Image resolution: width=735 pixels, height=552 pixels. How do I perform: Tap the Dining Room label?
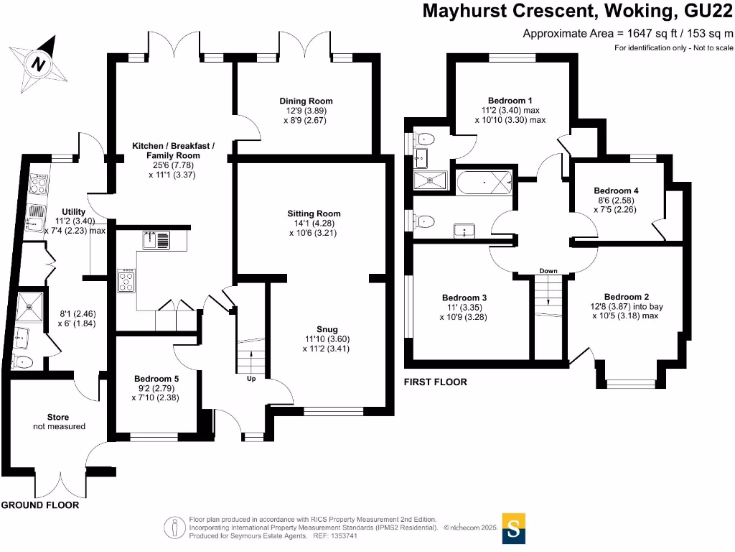306,101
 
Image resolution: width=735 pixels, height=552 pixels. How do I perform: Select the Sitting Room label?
314,213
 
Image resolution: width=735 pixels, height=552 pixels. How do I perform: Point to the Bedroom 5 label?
156,378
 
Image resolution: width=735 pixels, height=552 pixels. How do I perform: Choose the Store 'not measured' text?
59,426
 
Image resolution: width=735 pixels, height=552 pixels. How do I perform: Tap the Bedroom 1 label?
510,101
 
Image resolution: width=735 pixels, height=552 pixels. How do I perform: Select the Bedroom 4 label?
616,190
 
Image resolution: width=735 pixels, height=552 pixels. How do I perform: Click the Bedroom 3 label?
464,298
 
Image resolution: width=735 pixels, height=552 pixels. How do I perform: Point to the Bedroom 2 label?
627,297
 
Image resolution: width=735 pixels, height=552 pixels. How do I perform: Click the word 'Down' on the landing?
548,271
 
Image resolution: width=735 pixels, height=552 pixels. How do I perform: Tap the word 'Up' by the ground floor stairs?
251,379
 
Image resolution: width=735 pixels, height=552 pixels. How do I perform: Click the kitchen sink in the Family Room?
156,239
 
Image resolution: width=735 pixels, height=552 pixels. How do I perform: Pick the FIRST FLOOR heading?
435,382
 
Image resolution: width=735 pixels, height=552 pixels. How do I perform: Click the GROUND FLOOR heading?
39,505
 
